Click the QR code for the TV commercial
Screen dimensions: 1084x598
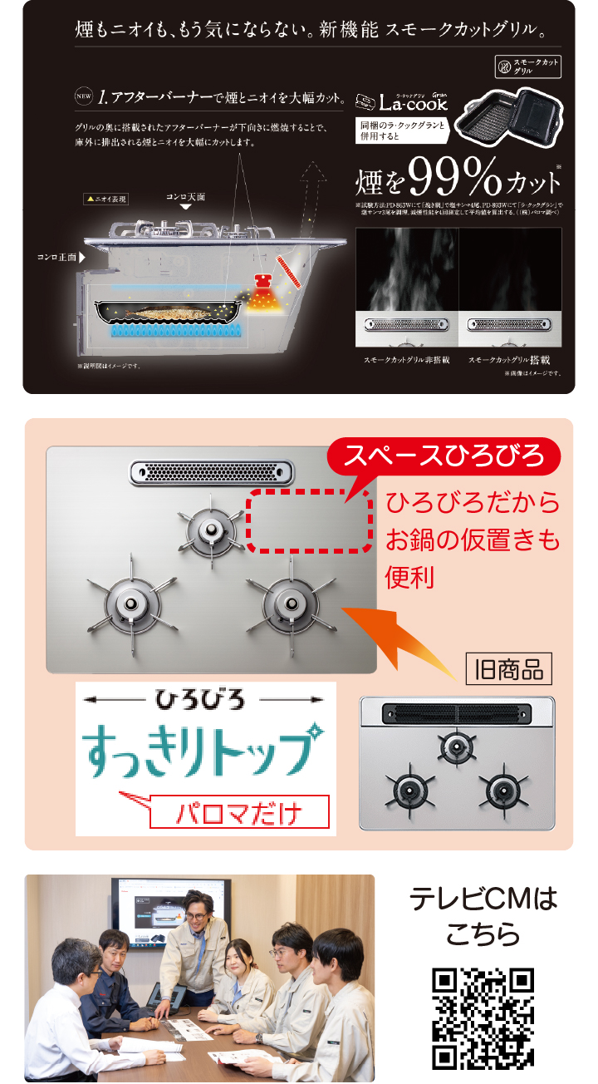483,1018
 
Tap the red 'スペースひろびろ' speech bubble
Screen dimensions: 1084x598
444,456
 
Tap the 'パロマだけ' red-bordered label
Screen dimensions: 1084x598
239,812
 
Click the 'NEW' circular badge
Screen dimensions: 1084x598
83,97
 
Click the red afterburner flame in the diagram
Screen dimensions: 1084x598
265,293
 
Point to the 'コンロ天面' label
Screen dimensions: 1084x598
185,197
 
